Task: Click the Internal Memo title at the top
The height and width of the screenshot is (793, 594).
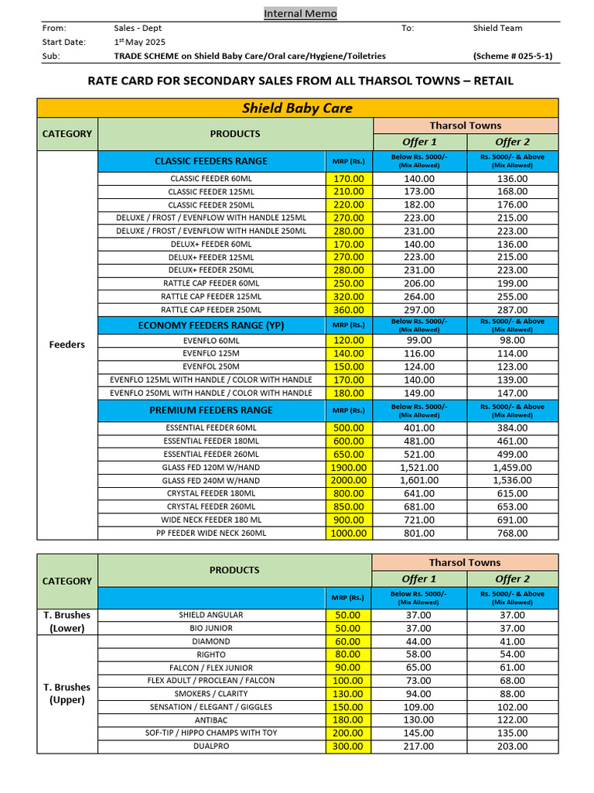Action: coord(300,13)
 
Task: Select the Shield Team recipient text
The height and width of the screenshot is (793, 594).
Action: coord(497,28)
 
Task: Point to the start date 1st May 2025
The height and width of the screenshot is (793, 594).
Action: coord(139,42)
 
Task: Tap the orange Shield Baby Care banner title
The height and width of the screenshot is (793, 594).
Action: coord(298,108)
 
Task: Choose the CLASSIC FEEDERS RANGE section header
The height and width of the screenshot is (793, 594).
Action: coord(211,161)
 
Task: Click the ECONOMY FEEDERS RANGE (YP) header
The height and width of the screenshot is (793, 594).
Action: coord(211,325)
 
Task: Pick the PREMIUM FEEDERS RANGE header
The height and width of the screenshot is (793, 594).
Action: coord(211,410)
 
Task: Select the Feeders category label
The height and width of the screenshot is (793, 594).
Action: coord(67,344)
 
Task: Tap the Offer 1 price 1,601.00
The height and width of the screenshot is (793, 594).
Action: coord(419,480)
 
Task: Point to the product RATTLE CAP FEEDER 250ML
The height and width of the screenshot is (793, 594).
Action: coord(211,310)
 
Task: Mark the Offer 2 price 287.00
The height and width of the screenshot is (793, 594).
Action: coord(512,310)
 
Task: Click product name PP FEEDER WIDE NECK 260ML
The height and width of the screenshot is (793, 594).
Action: coord(211,533)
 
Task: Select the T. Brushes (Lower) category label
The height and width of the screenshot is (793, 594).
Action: coord(67,621)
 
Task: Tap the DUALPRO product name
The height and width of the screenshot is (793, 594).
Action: coord(211,746)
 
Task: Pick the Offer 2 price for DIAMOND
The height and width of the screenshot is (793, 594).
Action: coord(512,641)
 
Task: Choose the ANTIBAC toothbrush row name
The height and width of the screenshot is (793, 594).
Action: coord(211,719)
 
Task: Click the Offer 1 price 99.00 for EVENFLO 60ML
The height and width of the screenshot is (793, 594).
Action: coord(419,341)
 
